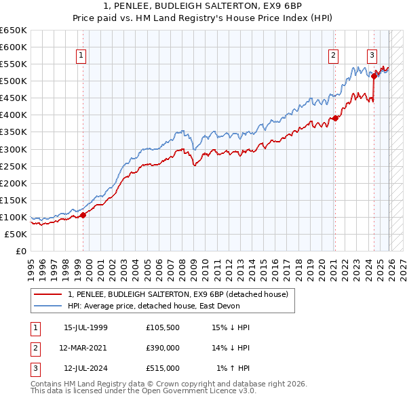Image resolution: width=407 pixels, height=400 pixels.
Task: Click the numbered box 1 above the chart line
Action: (x=81, y=56)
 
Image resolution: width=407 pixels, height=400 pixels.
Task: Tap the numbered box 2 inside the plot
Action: (x=334, y=56)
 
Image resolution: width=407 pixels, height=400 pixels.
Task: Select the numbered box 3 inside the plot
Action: (x=372, y=56)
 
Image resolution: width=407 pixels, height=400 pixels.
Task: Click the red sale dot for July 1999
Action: (x=83, y=215)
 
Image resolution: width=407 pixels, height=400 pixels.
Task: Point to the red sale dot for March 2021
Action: (x=335, y=119)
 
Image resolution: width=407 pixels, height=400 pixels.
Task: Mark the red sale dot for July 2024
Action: (x=374, y=76)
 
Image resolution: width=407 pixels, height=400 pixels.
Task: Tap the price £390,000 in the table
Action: (x=163, y=348)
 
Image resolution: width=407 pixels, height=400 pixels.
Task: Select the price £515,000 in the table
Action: (x=163, y=368)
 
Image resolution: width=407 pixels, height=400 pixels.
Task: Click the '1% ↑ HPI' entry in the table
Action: (x=233, y=368)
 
